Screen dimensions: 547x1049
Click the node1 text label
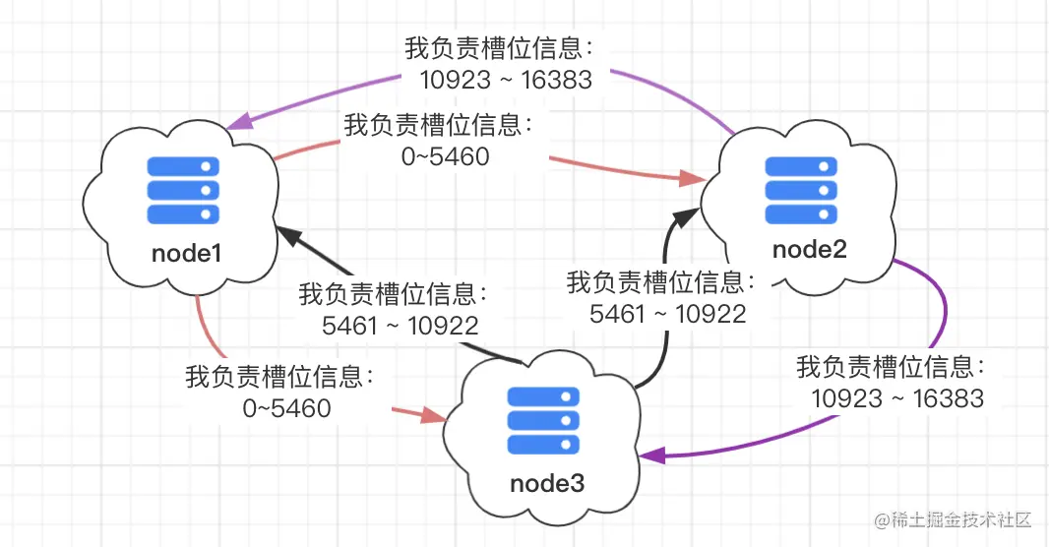click(x=186, y=253)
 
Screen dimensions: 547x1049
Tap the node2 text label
click(x=809, y=249)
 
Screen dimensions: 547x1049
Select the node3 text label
click(x=547, y=483)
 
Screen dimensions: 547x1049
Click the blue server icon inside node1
click(x=182, y=189)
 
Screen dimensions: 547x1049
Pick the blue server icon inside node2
click(x=802, y=190)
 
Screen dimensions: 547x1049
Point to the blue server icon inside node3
click(x=541, y=420)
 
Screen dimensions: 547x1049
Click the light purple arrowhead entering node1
click(x=238, y=125)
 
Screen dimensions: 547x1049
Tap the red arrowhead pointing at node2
click(x=693, y=179)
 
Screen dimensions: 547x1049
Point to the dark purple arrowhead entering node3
click(x=651, y=456)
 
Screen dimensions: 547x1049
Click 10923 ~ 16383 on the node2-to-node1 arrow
click(x=506, y=80)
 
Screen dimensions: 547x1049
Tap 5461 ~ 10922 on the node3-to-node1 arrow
click(x=401, y=326)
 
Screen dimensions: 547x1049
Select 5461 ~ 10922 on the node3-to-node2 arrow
click(x=667, y=314)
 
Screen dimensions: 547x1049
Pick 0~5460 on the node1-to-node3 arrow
click(x=286, y=407)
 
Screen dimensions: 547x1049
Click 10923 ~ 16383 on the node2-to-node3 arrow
click(x=897, y=397)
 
